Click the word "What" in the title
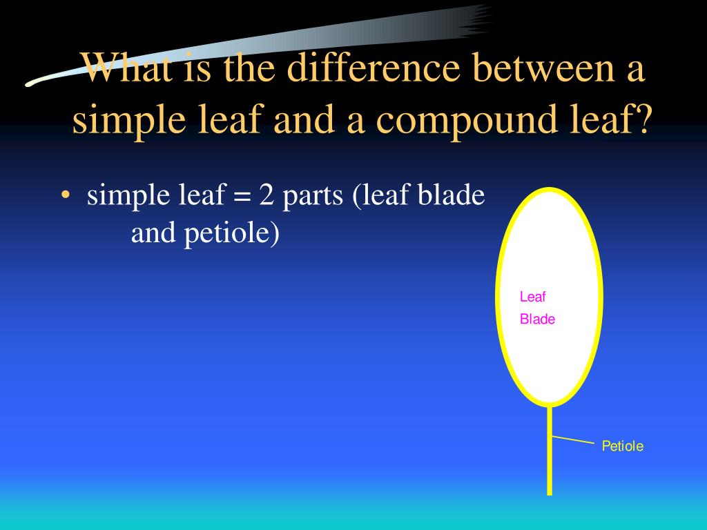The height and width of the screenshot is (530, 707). click(126, 68)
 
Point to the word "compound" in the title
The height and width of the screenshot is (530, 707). click(466, 120)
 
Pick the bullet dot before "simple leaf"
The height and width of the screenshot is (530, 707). click(66, 195)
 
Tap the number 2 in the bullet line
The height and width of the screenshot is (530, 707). click(267, 194)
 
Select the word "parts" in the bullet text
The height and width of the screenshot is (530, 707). click(313, 197)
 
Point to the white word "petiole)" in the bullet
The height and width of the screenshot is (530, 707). click(232, 233)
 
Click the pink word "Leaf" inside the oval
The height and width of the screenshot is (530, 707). click(532, 297)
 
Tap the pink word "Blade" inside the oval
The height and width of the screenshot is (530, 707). click(537, 319)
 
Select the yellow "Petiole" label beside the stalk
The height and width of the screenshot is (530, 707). click(623, 446)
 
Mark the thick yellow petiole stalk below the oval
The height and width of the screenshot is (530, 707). click(550, 451)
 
